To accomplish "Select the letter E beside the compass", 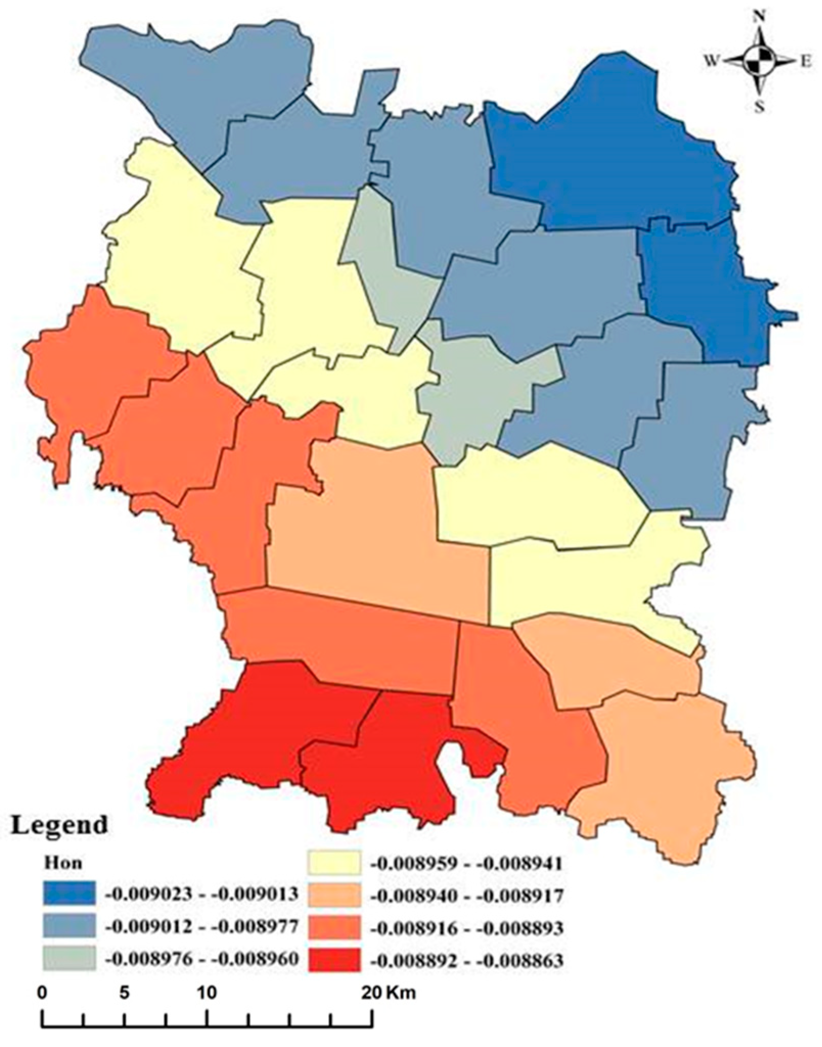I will (806, 61).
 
